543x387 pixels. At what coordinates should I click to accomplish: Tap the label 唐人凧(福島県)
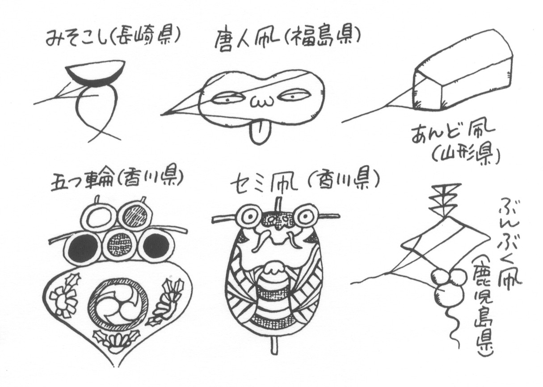[x=287, y=41]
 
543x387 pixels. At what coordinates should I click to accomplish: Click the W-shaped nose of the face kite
[x=261, y=102]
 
